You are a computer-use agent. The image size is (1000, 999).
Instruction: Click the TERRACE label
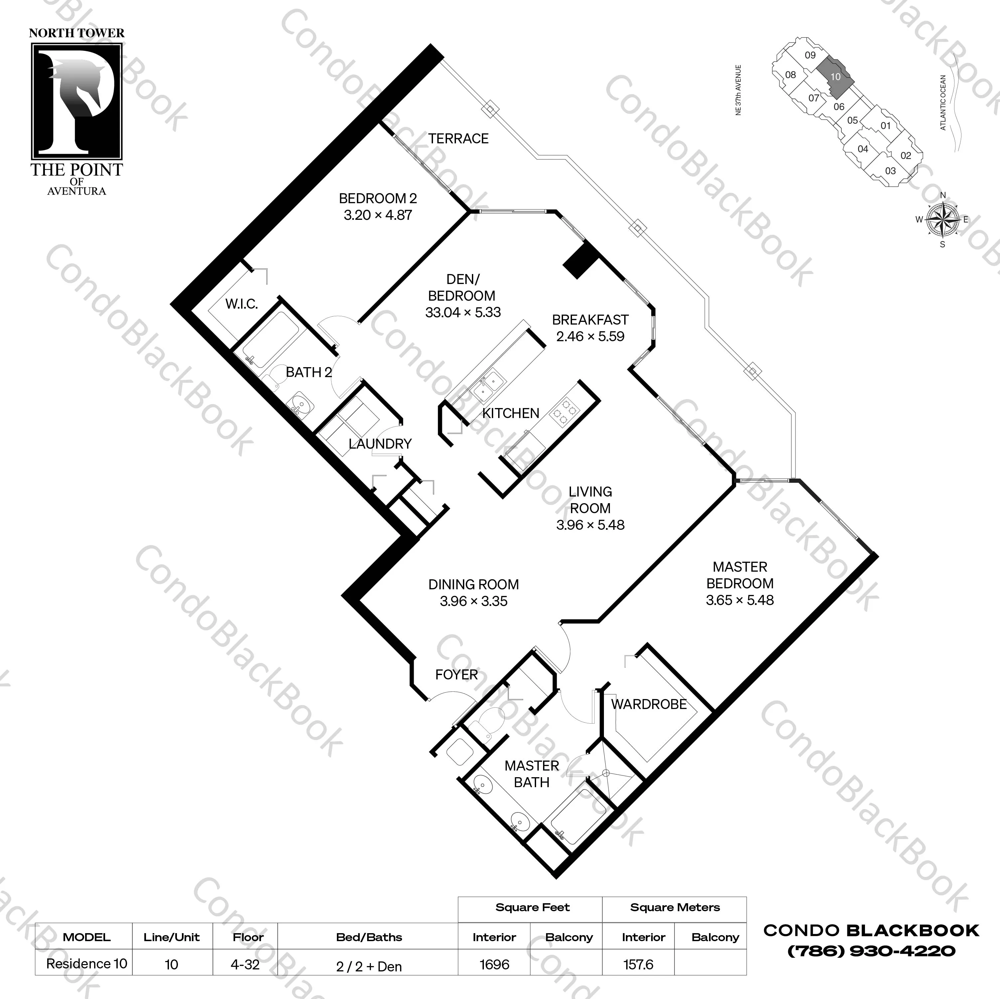458,139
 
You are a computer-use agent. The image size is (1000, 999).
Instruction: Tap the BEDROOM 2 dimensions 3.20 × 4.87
378,215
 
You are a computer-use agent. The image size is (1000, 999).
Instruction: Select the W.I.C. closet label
241,304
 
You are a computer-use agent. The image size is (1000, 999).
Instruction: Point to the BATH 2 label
309,372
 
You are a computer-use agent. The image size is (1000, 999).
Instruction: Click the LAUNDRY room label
380,444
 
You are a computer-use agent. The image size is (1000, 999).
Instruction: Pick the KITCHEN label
510,413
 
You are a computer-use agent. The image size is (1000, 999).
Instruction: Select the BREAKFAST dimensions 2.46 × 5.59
590,337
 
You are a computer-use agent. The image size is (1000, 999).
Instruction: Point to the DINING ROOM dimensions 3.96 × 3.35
474,602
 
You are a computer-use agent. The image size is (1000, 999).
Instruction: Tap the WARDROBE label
648,704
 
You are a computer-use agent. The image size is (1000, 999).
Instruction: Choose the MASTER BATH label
531,774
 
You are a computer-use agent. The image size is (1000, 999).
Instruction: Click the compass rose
942,219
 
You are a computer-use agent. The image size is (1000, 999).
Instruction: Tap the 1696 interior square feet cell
494,964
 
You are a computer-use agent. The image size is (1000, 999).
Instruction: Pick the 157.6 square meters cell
638,964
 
